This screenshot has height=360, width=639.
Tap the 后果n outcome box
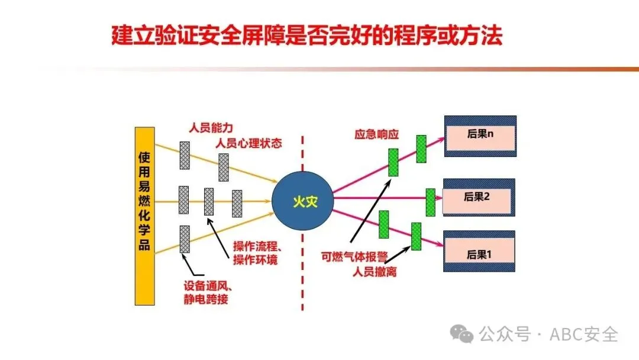(x=480, y=136)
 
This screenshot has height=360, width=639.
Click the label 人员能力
(x=211, y=127)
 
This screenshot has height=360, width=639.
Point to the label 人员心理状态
(x=248, y=143)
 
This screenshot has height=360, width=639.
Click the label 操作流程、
(x=260, y=246)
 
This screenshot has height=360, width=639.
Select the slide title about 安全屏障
(x=307, y=36)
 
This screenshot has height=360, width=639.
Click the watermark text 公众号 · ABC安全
(x=548, y=334)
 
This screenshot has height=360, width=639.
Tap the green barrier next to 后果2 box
(x=430, y=202)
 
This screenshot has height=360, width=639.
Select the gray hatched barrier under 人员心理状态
(x=223, y=167)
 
